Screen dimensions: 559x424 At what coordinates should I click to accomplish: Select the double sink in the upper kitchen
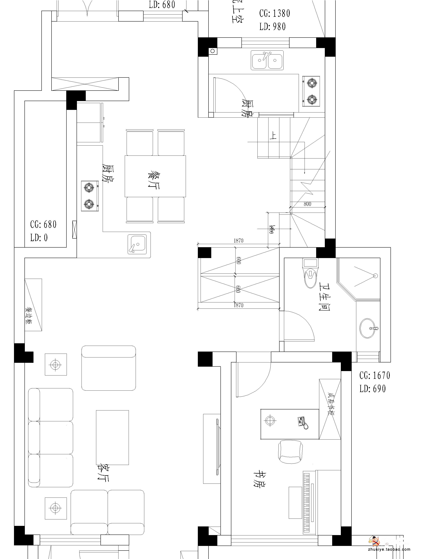pos(267,60)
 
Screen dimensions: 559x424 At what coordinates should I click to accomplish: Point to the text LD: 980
pos(272,27)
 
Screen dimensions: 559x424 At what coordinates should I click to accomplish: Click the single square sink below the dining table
pos(137,244)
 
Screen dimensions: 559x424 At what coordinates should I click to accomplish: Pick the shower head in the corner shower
pos(375,276)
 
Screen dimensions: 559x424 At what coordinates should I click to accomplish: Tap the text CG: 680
pos(43,224)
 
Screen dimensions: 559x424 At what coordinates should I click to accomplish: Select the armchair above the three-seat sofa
pos(108,368)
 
